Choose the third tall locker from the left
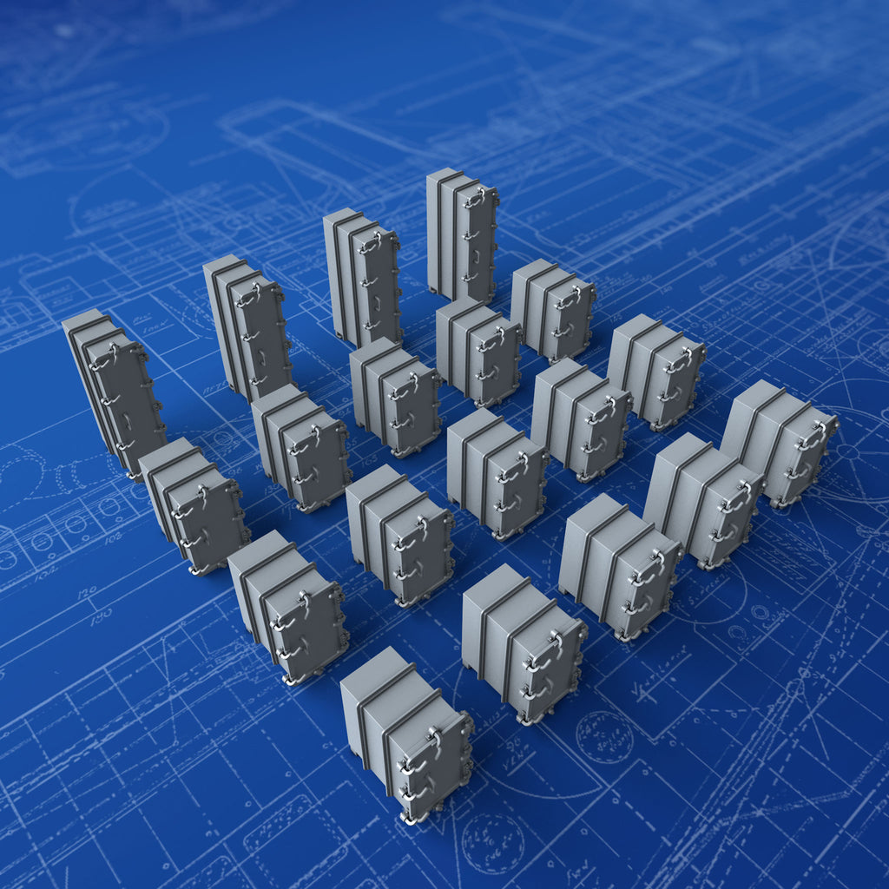click(364, 277)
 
